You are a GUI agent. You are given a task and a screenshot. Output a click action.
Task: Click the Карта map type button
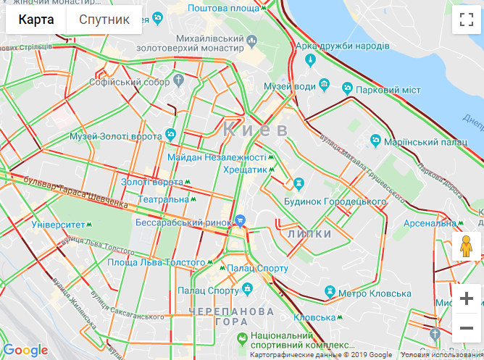[36, 20]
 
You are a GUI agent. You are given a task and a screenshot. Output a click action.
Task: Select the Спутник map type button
[104, 20]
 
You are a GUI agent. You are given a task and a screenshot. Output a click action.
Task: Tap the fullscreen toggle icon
[466, 20]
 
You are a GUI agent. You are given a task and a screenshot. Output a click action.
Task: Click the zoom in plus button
[467, 298]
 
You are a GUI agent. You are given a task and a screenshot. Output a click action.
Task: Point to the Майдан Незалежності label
[217, 157]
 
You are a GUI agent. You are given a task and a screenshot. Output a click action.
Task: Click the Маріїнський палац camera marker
[375, 139]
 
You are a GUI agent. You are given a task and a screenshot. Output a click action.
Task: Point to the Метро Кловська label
[375, 293]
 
